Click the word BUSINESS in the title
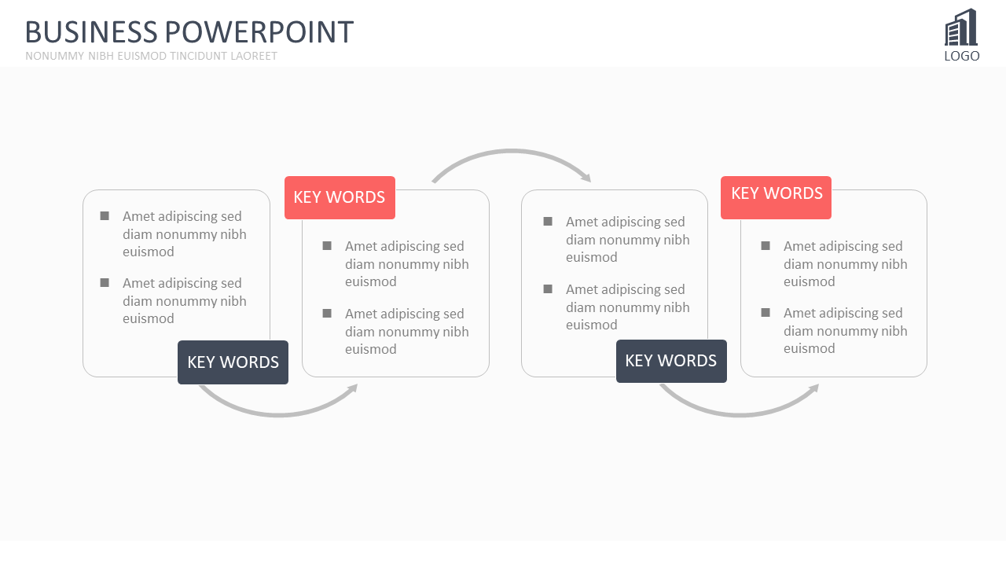coord(91,32)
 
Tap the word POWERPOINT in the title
coord(259,32)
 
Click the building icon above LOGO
coord(961,27)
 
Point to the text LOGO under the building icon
coord(961,56)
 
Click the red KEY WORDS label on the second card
coord(340,197)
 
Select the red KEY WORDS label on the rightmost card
coord(776,197)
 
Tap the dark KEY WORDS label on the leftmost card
coord(233,362)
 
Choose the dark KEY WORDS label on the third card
coord(671,361)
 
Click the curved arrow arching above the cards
coord(511,152)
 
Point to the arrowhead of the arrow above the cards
coord(586,178)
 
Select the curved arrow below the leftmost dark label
coord(278,414)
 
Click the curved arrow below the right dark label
coord(740,414)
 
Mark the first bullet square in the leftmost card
coord(105,216)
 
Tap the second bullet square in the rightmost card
coord(766,313)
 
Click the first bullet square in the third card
coord(548,222)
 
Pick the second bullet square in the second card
coord(327,314)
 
